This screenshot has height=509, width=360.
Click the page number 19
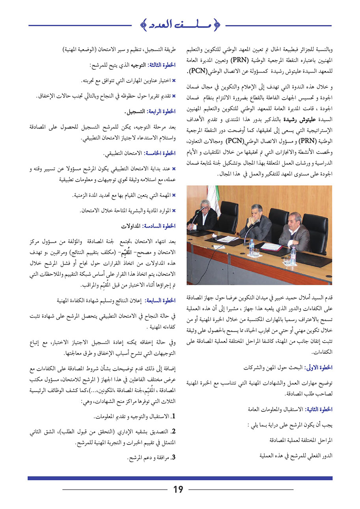tap(178, 489)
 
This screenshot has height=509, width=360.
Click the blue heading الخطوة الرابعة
tap(160, 112)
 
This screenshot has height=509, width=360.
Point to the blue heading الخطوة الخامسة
tap(160, 153)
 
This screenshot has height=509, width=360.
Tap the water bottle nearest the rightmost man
tap(293, 255)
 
